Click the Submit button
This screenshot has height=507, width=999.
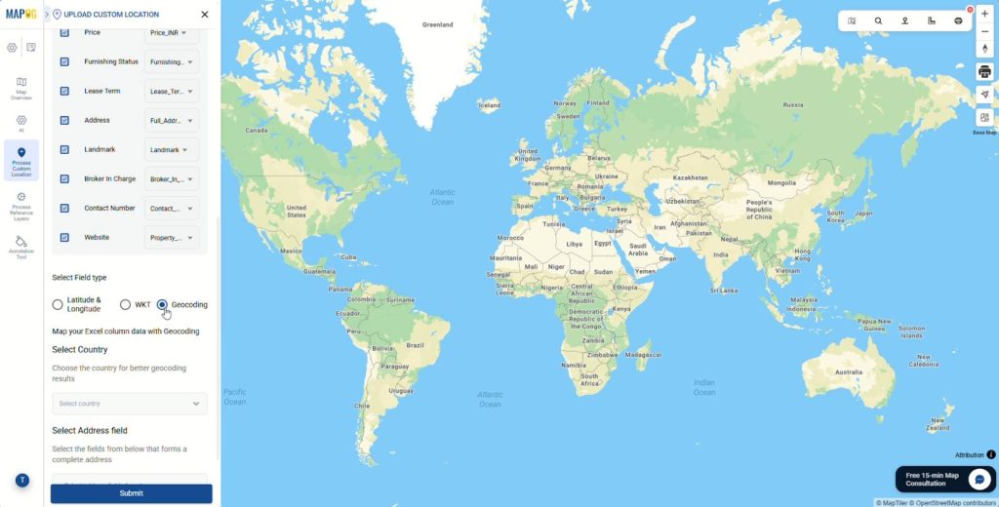(131, 493)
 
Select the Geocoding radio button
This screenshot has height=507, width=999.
(162, 305)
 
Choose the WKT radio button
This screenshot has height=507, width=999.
(125, 305)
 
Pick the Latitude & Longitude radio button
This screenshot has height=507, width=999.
(58, 305)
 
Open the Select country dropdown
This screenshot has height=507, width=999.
(130, 404)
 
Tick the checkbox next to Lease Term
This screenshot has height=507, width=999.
(64, 92)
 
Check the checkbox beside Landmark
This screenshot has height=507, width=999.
(64, 150)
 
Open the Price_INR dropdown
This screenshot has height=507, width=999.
(172, 33)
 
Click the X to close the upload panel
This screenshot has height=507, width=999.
(204, 15)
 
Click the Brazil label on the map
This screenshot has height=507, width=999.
(416, 345)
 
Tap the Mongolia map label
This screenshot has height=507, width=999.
(782, 182)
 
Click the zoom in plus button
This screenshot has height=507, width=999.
(984, 14)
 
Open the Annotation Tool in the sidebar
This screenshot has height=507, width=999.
(21, 246)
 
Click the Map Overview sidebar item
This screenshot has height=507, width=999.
(21, 88)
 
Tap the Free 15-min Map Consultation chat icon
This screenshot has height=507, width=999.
(979, 480)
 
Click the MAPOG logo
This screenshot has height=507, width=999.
(21, 15)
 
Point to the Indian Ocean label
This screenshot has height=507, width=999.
(704, 387)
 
